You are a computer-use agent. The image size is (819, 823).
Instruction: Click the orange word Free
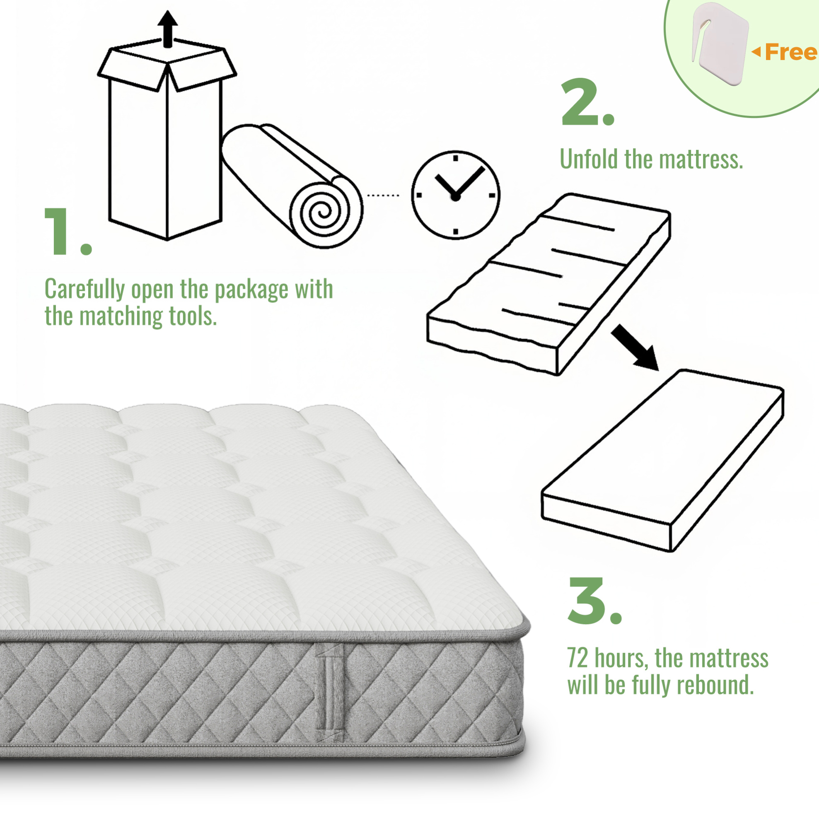coord(791,53)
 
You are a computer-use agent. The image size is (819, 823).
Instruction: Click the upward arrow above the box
coord(167,29)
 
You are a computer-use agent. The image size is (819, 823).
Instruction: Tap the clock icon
coord(456,195)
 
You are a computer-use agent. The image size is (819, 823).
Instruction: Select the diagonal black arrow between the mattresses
coord(635,347)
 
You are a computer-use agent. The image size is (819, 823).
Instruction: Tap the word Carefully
coord(85,290)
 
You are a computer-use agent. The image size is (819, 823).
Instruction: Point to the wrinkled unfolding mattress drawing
coord(549,285)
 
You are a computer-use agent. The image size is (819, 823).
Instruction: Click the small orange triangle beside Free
coord(756,52)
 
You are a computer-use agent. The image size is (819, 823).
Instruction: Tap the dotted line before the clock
coord(383,195)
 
